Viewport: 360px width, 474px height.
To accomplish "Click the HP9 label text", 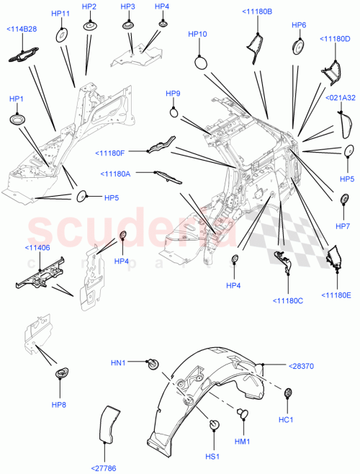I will pos(174,94).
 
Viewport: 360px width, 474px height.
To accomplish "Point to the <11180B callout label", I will pos(257,12).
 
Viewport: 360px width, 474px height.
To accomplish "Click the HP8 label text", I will pos(60,405).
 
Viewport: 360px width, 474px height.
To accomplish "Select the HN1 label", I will pos(119,362).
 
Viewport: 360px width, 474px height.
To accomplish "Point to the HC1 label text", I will pos(285,419).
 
